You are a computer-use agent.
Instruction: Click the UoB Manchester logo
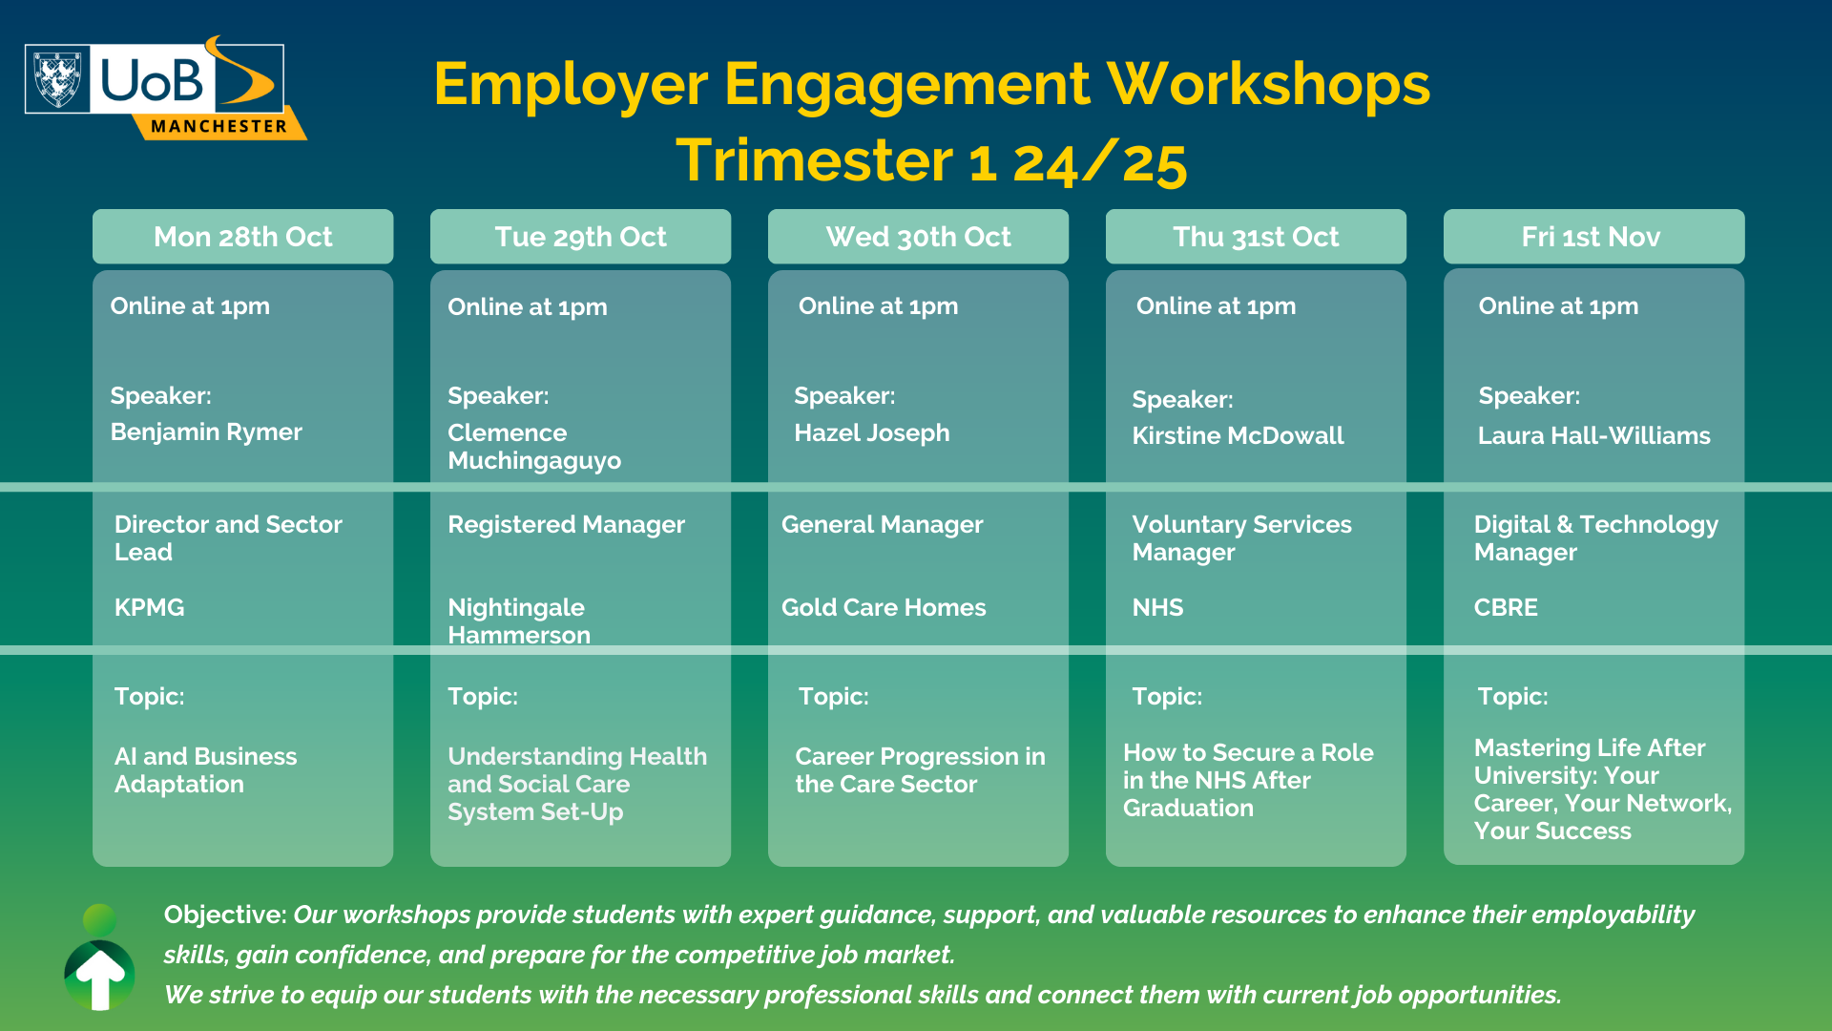pyautogui.click(x=165, y=88)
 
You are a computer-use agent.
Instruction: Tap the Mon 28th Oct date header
pyautogui.click(x=242, y=237)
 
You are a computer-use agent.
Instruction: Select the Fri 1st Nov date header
pyautogui.click(x=1593, y=237)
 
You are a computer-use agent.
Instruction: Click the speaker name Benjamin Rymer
pyautogui.click(x=206, y=432)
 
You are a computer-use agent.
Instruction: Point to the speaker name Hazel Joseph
pyautogui.click(x=872, y=433)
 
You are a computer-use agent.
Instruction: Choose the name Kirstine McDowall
pyautogui.click(x=1238, y=436)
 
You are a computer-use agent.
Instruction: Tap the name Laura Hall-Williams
pyautogui.click(x=1593, y=436)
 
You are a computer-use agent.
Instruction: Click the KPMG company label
pyautogui.click(x=149, y=608)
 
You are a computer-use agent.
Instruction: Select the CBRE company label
pyautogui.click(x=1506, y=608)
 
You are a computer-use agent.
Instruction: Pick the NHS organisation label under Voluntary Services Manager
pyautogui.click(x=1157, y=608)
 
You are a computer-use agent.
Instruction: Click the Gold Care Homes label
pyautogui.click(x=884, y=608)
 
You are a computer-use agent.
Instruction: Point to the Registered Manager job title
pyautogui.click(x=566, y=525)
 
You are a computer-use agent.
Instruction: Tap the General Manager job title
pyautogui.click(x=882, y=525)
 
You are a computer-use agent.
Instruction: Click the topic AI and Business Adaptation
pyautogui.click(x=205, y=770)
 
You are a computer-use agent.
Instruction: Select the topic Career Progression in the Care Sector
pyautogui.click(x=920, y=770)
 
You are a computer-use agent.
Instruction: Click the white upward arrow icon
pyautogui.click(x=100, y=978)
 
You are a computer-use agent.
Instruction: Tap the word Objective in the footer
pyautogui.click(x=225, y=915)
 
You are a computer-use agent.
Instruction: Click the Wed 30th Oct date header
pyautogui.click(x=918, y=237)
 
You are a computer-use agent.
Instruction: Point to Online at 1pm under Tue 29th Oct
pyautogui.click(x=528, y=307)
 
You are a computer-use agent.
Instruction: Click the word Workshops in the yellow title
pyautogui.click(x=1268, y=85)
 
